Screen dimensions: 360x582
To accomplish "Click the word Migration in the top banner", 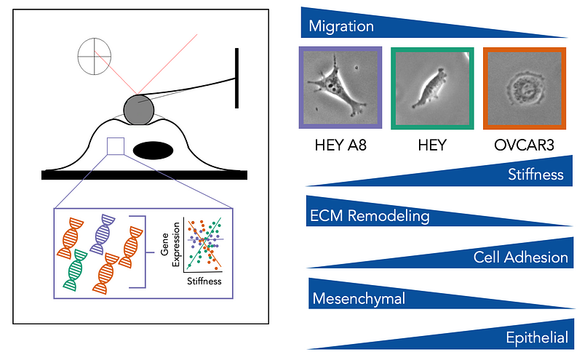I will [341, 27].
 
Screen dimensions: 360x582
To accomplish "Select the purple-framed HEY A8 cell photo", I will [340, 88].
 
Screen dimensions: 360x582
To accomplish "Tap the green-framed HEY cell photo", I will [433, 88].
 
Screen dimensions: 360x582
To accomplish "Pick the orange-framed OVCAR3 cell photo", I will [525, 88].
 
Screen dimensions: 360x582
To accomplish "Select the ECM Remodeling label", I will [369, 216].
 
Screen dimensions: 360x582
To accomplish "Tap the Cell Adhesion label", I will [520, 257].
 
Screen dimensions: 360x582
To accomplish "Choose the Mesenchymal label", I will [358, 298].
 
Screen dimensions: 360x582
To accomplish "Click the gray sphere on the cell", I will [138, 110].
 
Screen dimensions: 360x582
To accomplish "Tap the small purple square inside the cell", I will [115, 146].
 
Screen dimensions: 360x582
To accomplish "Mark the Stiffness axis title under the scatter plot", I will [204, 281].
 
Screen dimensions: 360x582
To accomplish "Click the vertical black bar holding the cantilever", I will [236, 77].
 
